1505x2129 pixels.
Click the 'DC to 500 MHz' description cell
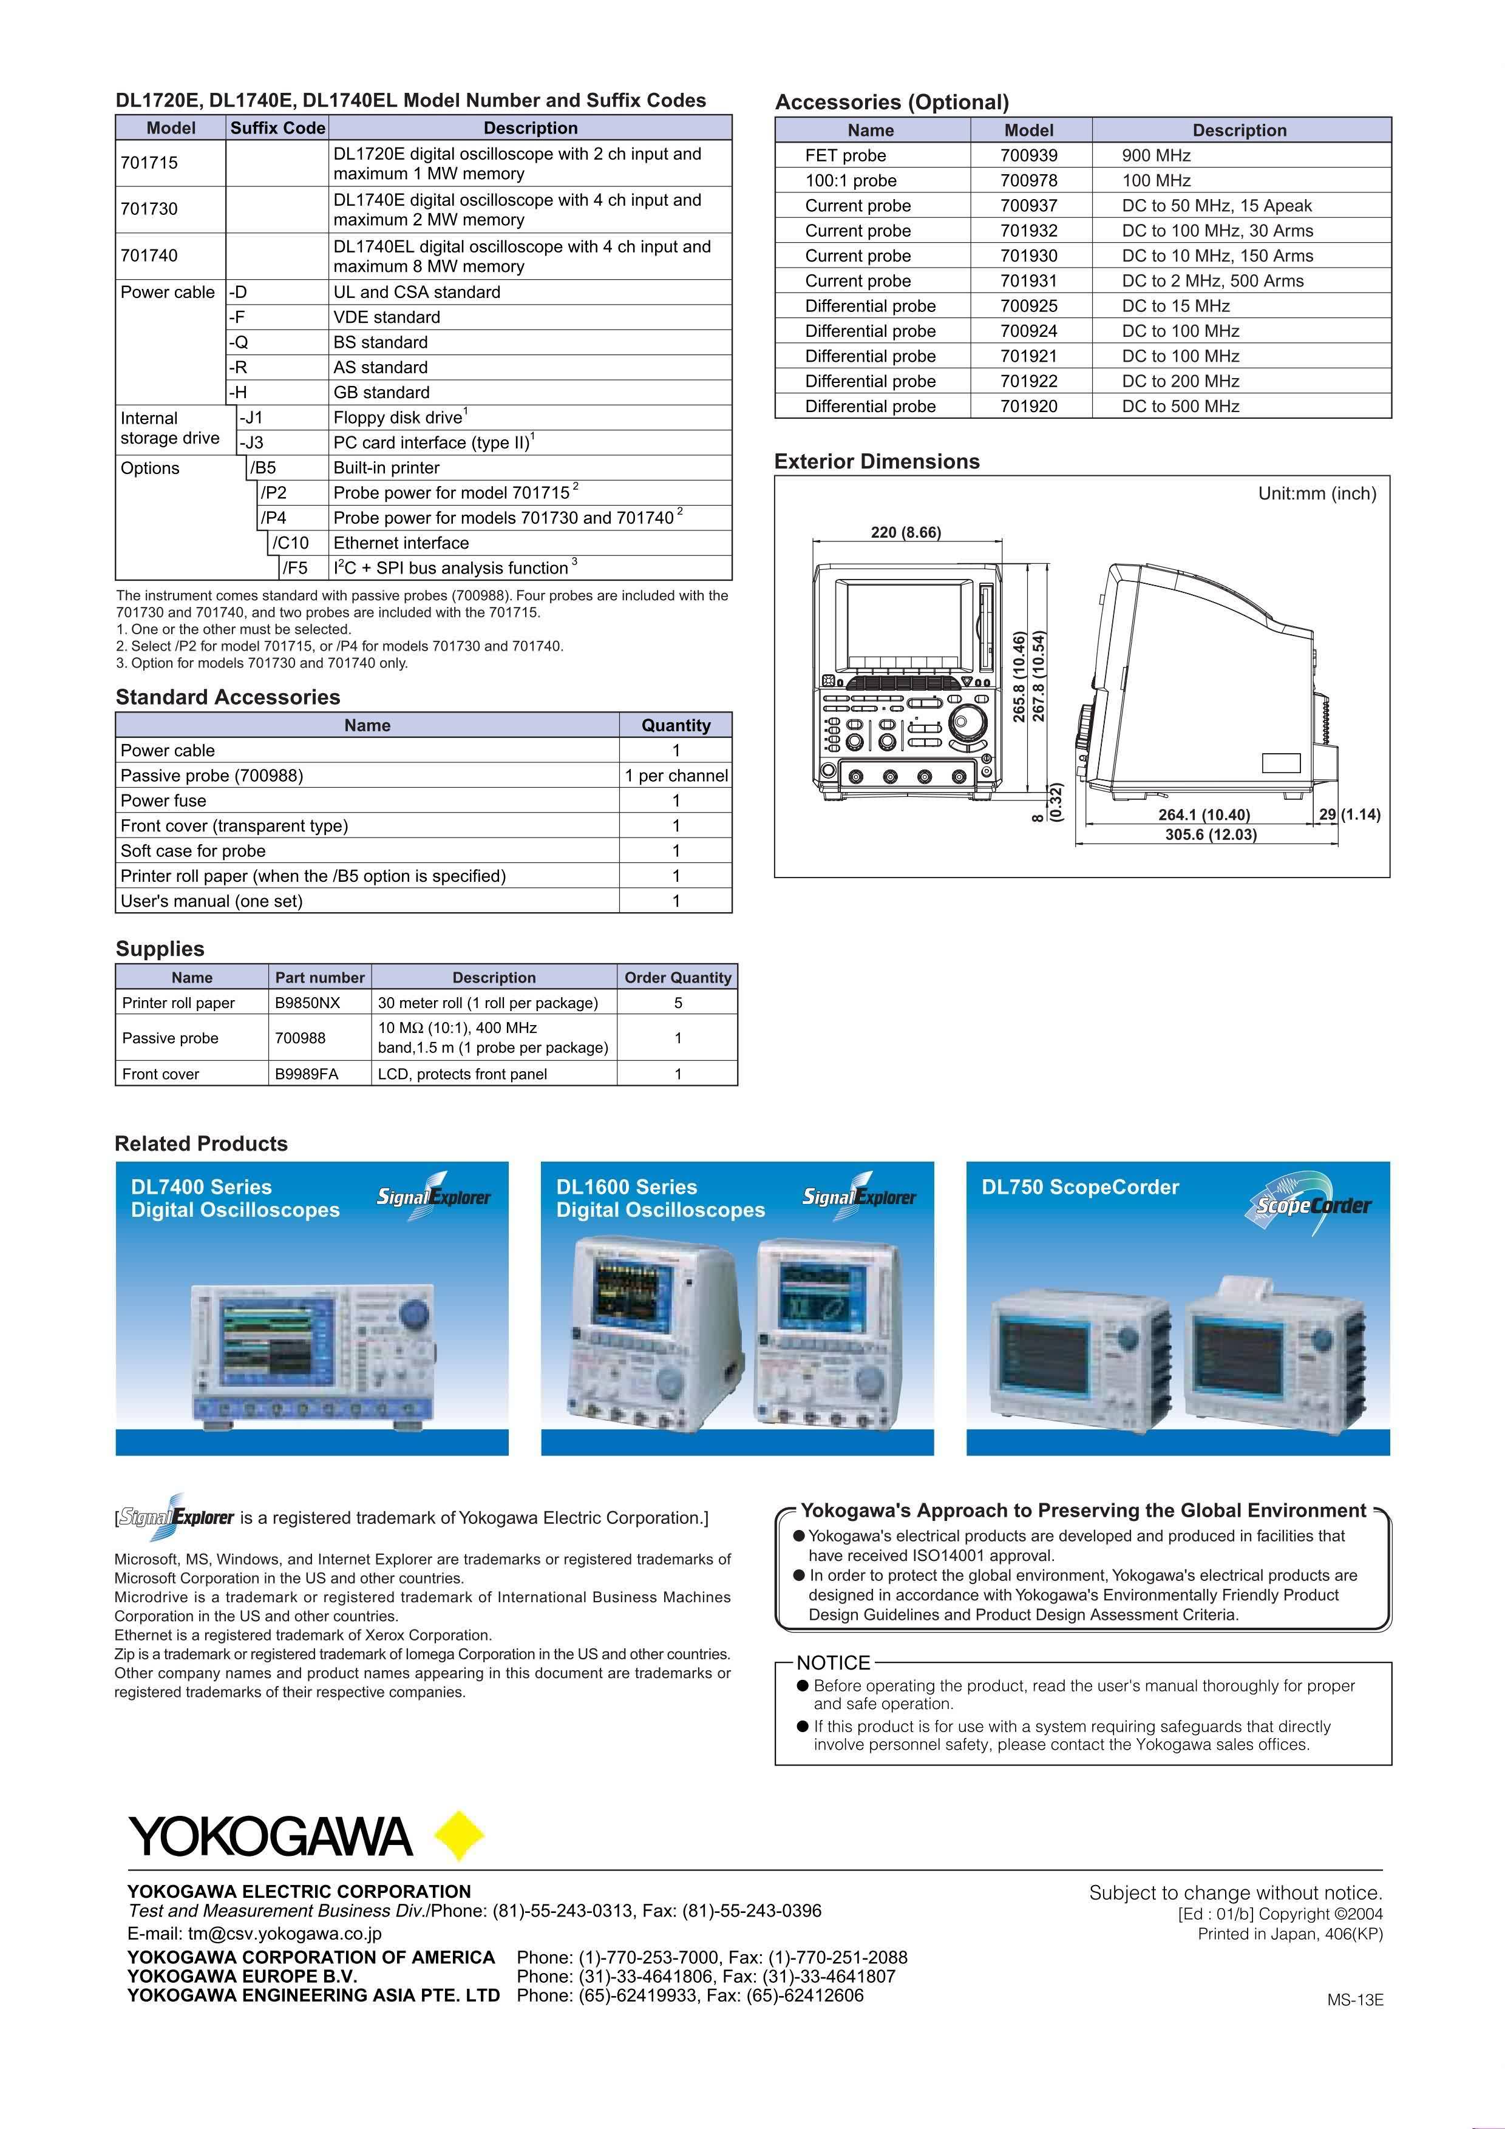pos(1180,406)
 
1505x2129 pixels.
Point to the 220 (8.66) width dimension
pos(905,532)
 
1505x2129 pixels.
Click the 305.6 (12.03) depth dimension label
pos(1210,834)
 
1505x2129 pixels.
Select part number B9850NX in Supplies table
pos(307,1003)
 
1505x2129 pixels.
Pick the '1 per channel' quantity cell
pos(676,775)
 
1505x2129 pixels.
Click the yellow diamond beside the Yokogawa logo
pos(459,1835)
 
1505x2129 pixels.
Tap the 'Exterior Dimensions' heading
pos(876,462)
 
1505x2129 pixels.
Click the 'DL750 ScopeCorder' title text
pos(1080,1187)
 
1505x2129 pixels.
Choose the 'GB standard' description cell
pos(381,392)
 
